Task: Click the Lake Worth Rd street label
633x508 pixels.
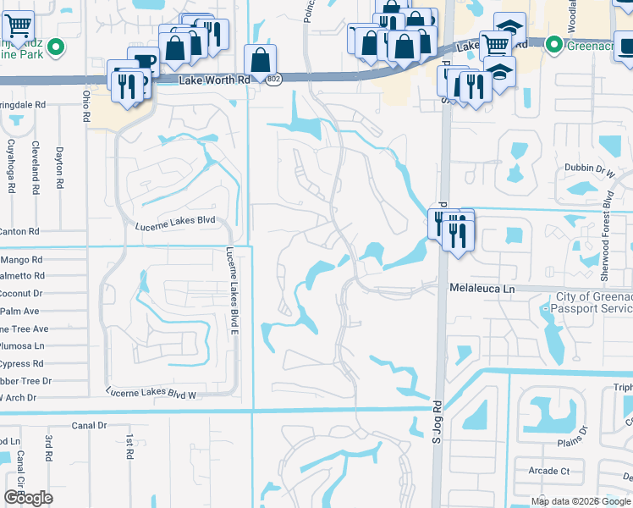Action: pyautogui.click(x=216, y=80)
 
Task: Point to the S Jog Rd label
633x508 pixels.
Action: pyautogui.click(x=438, y=421)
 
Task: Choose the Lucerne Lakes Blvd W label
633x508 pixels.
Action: pyautogui.click(x=151, y=393)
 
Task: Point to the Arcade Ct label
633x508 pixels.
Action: pyautogui.click(x=549, y=471)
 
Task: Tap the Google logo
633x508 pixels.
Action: pyautogui.click(x=28, y=497)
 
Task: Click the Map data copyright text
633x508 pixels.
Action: pyautogui.click(x=580, y=501)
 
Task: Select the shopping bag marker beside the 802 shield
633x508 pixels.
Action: pyautogui.click(x=260, y=59)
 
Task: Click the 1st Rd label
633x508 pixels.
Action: pyautogui.click(x=129, y=447)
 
